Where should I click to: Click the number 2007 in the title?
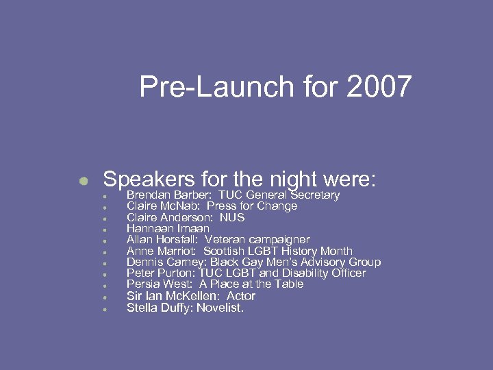379,87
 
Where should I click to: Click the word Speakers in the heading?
149,180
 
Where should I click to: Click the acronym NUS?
232,217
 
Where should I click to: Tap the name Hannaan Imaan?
168,229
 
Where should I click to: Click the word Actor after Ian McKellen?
240,296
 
